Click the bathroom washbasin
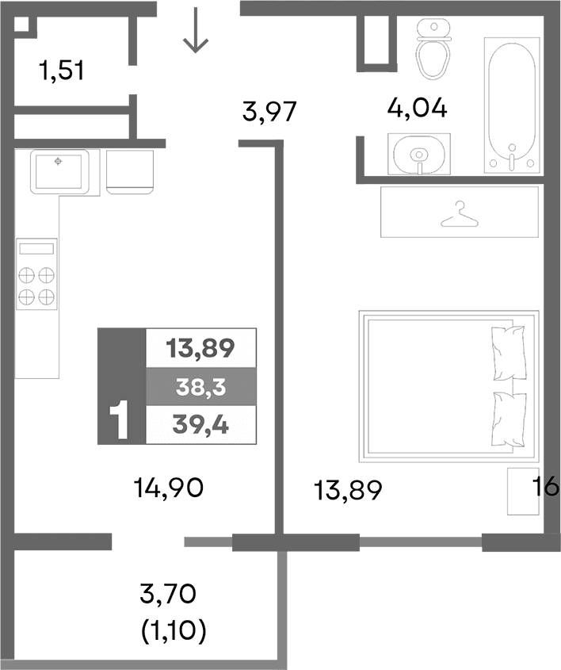point(418,153)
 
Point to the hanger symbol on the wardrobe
point(459,212)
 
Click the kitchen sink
point(59,170)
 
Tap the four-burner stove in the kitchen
point(37,277)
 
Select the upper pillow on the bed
point(509,352)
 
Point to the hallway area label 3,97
point(269,113)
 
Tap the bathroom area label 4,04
point(417,107)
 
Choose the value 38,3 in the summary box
point(201,387)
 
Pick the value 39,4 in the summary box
point(201,426)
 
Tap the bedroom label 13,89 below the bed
point(348,491)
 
